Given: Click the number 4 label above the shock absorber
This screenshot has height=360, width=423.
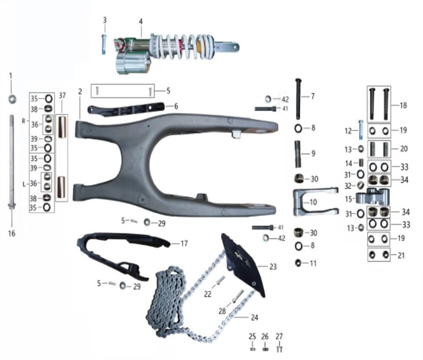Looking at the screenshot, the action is pyautogui.click(x=140, y=22).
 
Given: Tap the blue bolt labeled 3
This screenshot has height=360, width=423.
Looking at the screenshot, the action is pyautogui.click(x=104, y=44).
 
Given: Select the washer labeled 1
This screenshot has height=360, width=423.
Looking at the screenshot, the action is pyautogui.click(x=12, y=99).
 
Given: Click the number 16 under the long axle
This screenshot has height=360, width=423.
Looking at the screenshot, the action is pyautogui.click(x=11, y=234).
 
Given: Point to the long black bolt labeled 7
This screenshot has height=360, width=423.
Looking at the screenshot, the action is pyautogui.click(x=298, y=99).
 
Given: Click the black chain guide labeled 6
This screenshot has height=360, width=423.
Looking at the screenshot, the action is pyautogui.click(x=126, y=109).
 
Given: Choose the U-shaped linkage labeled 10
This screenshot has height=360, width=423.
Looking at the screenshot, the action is pyautogui.click(x=315, y=202).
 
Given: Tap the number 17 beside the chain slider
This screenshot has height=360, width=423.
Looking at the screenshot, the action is pyautogui.click(x=184, y=244).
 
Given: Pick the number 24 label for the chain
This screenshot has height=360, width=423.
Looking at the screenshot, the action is pyautogui.click(x=254, y=318).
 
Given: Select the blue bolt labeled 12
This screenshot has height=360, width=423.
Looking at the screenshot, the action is pyautogui.click(x=361, y=130).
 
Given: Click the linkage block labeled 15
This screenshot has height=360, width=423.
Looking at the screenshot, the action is pyautogui.click(x=373, y=196).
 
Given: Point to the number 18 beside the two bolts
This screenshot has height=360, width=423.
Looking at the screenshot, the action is pyautogui.click(x=403, y=105).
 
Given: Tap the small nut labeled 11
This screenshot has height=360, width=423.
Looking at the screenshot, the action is pyautogui.click(x=298, y=263).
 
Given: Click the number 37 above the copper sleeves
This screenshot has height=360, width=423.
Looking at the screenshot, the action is pyautogui.click(x=62, y=95).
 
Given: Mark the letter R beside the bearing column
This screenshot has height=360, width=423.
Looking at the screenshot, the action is pyautogui.click(x=23, y=121).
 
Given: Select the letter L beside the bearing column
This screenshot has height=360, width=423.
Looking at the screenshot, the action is pyautogui.click(x=24, y=184).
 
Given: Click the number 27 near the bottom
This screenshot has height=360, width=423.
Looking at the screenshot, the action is pyautogui.click(x=279, y=337).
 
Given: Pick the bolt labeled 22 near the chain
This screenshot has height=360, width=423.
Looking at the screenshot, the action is pyautogui.click(x=220, y=280).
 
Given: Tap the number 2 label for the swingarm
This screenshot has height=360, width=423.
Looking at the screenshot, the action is pyautogui.click(x=80, y=91).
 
